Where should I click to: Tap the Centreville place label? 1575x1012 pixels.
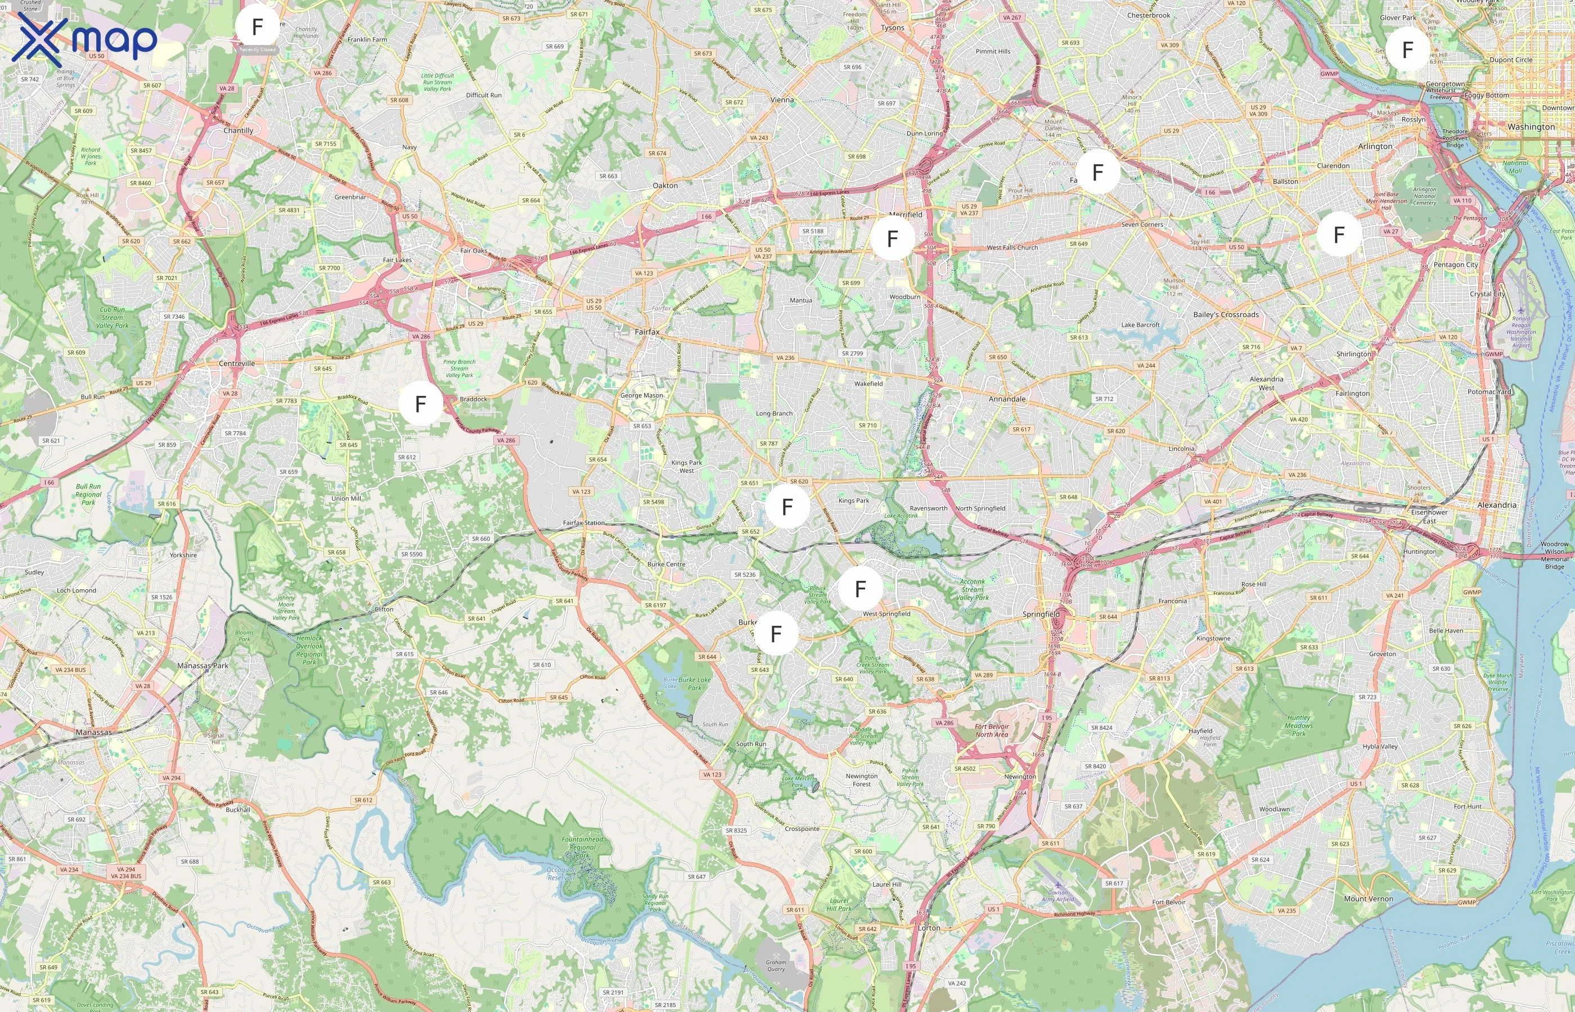click(x=237, y=363)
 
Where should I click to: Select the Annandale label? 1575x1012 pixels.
click(x=1006, y=399)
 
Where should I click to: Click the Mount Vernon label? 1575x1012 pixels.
click(x=1368, y=898)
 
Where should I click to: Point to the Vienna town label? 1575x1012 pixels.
click(x=781, y=100)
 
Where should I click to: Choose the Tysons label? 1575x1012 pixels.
click(x=892, y=28)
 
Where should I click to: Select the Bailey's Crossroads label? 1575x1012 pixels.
click(x=1225, y=315)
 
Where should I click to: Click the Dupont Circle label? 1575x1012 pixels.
click(x=1510, y=60)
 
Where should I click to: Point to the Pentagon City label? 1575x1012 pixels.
click(x=1455, y=265)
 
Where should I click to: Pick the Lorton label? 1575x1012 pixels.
click(x=928, y=928)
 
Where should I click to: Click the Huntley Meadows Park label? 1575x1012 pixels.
click(x=1298, y=725)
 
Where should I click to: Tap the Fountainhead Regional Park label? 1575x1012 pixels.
click(x=582, y=847)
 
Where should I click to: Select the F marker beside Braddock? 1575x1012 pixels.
click(x=421, y=404)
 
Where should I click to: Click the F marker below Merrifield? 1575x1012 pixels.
click(x=892, y=238)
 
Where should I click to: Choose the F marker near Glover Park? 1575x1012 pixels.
click(x=1407, y=49)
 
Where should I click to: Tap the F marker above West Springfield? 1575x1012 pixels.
click(x=860, y=589)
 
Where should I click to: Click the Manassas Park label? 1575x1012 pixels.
click(x=202, y=666)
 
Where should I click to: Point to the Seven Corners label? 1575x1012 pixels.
click(x=1142, y=225)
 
